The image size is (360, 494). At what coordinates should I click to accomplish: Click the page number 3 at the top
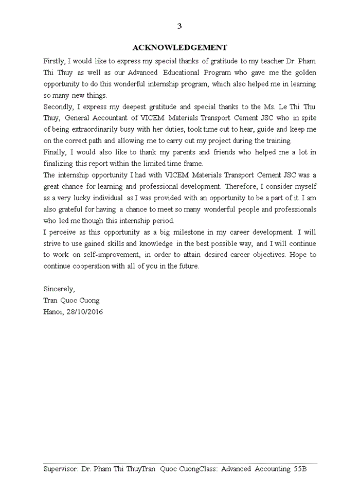[179, 26]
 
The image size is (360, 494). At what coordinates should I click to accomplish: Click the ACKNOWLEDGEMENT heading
[179, 48]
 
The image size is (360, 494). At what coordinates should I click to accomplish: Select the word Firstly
[55, 61]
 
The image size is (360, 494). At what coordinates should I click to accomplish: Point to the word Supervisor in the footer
[61, 469]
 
